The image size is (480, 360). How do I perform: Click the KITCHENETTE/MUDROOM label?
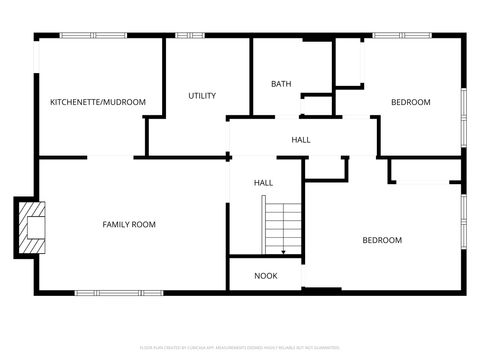(x=98, y=102)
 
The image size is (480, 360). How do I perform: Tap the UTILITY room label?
(x=202, y=96)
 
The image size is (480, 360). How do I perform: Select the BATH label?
(x=281, y=84)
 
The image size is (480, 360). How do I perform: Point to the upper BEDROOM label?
(x=410, y=102)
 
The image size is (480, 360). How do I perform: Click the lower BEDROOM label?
(x=381, y=240)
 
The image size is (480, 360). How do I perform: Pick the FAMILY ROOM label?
(x=129, y=224)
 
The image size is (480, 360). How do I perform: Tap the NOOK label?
(x=265, y=275)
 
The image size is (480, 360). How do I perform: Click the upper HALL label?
(x=300, y=140)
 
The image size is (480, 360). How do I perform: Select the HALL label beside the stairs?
(x=263, y=183)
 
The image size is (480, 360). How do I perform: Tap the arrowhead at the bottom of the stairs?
(x=283, y=251)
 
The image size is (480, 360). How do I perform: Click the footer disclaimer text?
(x=239, y=347)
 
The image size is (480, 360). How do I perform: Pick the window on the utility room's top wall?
(x=190, y=36)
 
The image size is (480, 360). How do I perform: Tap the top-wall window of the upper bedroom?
(x=401, y=36)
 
